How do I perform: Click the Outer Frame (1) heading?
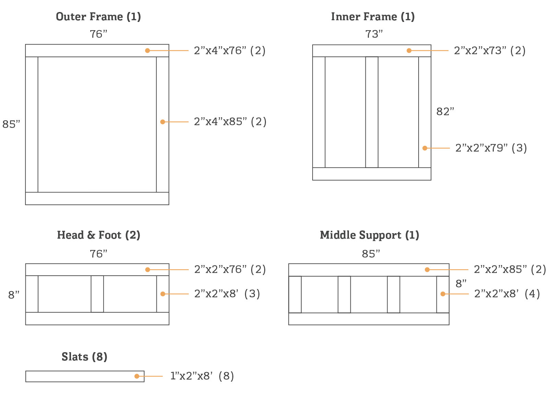[98, 16]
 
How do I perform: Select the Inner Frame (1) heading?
[373, 16]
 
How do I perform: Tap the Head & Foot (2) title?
[98, 235]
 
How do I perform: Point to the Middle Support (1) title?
[369, 235]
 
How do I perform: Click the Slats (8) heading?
[84, 357]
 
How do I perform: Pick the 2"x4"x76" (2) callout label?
[230, 50]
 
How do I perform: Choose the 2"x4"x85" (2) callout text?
[230, 121]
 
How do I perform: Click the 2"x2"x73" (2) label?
[490, 50]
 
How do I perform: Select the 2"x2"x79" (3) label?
[491, 148]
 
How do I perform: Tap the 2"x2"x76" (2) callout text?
[230, 269]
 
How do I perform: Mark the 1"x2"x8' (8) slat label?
[202, 376]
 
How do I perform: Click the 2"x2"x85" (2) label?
[510, 269]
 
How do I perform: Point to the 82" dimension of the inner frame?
[445, 111]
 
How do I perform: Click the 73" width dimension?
[374, 34]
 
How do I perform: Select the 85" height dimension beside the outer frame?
[11, 124]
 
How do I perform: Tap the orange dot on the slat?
[137, 376]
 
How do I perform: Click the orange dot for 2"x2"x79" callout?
[425, 148]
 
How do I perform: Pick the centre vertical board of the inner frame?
[372, 112]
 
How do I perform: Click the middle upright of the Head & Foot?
[97, 294]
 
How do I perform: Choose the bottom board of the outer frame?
[97, 199]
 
